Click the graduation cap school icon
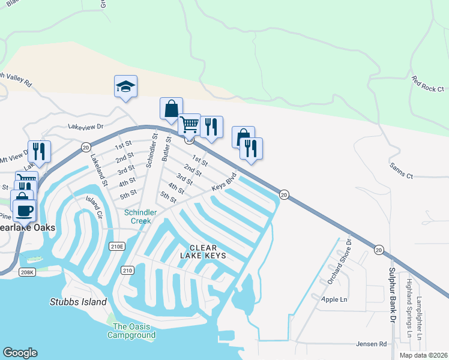pos(126,86)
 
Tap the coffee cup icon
pos(24,211)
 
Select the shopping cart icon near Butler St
pos(189,125)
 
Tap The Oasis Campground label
pos(132,331)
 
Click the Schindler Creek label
pos(140,217)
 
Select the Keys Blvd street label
pos(224,183)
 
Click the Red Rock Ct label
pos(428,84)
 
